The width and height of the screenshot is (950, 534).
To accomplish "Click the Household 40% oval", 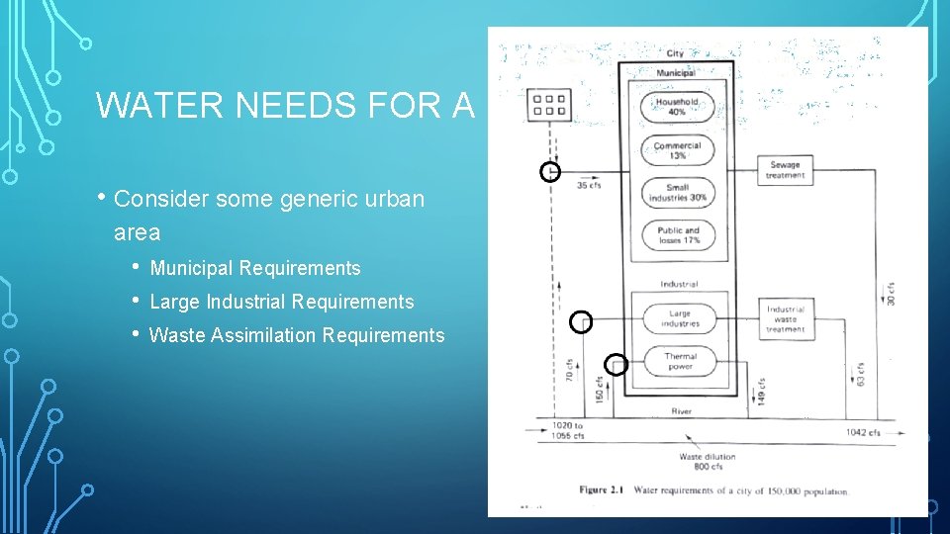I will (677, 107).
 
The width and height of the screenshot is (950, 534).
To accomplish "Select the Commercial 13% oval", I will (677, 150).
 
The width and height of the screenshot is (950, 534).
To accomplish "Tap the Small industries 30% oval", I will (677, 193).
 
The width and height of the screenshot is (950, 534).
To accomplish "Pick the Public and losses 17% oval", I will (677, 235).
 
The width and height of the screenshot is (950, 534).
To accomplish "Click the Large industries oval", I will (680, 318).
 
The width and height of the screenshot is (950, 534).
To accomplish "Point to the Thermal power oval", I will (680, 361).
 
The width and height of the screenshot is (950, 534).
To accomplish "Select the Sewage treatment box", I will (785, 170).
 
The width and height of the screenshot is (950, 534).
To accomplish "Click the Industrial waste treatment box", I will (785, 318).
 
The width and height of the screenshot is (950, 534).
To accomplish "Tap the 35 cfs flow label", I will (589, 185).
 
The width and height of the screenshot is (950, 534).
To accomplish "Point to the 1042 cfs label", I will (863, 433).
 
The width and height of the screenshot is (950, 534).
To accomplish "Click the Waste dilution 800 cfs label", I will (707, 462).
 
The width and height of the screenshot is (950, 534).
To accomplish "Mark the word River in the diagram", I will (681, 411).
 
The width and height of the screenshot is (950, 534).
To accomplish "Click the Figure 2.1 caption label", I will (606, 490).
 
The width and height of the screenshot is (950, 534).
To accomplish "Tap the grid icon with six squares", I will (549, 105).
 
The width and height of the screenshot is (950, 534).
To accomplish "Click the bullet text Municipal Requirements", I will (255, 268).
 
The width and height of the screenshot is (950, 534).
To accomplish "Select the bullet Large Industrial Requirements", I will (282, 302).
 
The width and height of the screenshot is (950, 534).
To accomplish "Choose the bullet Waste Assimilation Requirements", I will (297, 335).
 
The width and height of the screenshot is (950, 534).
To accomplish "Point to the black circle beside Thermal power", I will (616, 365).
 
